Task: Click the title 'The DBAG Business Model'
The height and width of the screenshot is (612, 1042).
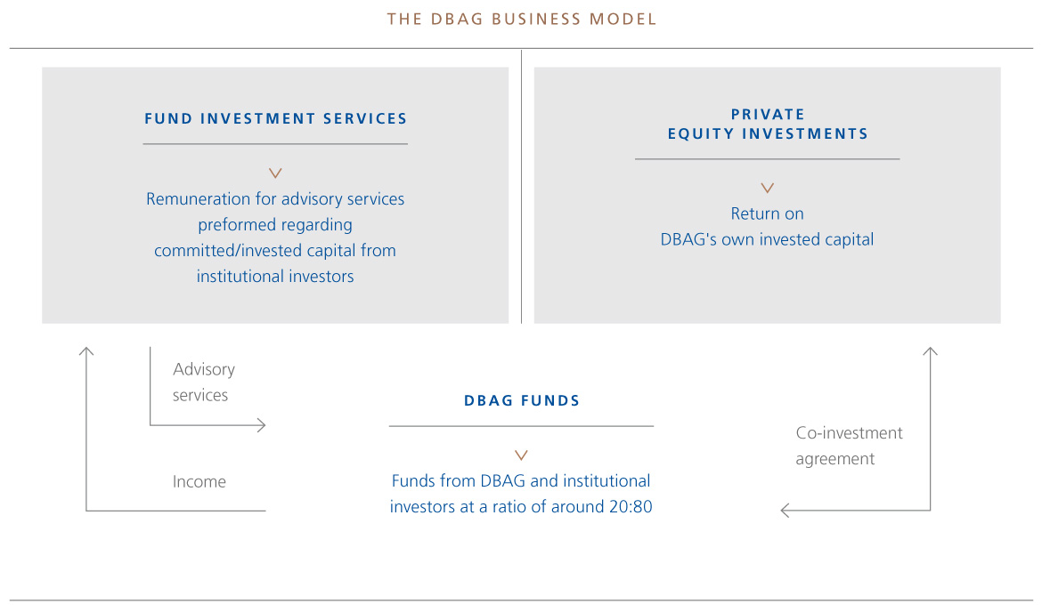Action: point(522,20)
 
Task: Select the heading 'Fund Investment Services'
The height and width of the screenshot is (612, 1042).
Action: point(276,119)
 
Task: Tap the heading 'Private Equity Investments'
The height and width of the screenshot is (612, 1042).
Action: point(768,125)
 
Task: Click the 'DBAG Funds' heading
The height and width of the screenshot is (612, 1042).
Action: point(522,401)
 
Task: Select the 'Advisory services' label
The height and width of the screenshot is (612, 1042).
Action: point(204,382)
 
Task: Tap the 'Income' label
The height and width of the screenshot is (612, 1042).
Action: point(199,481)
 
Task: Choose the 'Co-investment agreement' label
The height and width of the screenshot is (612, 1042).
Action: point(850,446)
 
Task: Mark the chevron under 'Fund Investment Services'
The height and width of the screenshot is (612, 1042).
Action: point(275,173)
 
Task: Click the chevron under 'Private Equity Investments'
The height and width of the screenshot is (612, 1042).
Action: point(768,189)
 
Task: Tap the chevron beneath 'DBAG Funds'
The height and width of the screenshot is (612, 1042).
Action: point(522,455)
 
